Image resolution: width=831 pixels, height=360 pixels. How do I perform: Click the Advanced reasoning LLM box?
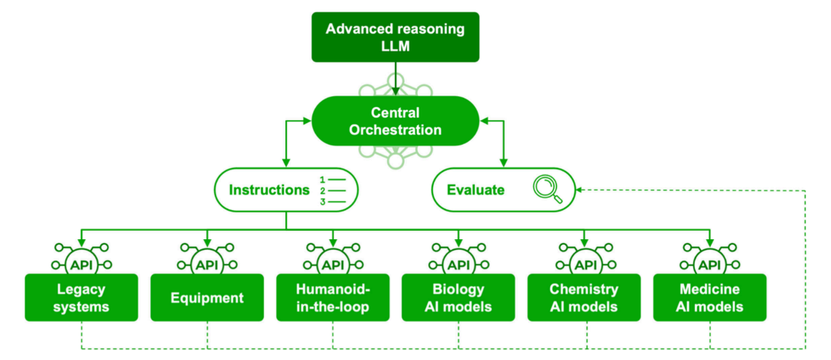point(395,36)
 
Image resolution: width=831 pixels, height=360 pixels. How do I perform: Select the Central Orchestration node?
point(395,122)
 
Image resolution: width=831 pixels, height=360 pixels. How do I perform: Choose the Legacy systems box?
point(82,298)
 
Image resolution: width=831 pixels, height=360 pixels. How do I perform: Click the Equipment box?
point(207,298)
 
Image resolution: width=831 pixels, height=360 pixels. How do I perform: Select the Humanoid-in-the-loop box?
point(333,298)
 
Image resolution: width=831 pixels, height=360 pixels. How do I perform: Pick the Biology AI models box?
point(459,298)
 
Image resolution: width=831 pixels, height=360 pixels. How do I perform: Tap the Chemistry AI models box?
point(584,298)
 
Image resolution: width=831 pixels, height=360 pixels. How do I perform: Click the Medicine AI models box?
point(709,298)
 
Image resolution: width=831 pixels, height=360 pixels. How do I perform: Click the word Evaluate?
point(476,189)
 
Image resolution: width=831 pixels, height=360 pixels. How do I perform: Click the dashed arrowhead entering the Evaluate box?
point(580,189)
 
